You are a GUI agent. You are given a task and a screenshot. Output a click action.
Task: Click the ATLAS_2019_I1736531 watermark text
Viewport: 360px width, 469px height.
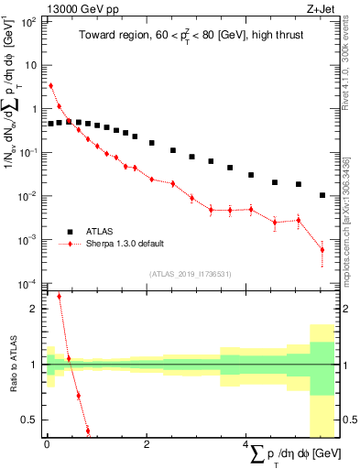(x=188, y=274)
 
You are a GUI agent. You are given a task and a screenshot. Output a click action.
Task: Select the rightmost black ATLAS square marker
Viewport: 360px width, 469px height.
(x=322, y=195)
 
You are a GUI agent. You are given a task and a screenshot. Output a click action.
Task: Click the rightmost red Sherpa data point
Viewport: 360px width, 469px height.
(x=322, y=249)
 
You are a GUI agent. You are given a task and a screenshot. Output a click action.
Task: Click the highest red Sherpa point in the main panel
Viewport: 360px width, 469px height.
(x=50, y=85)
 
